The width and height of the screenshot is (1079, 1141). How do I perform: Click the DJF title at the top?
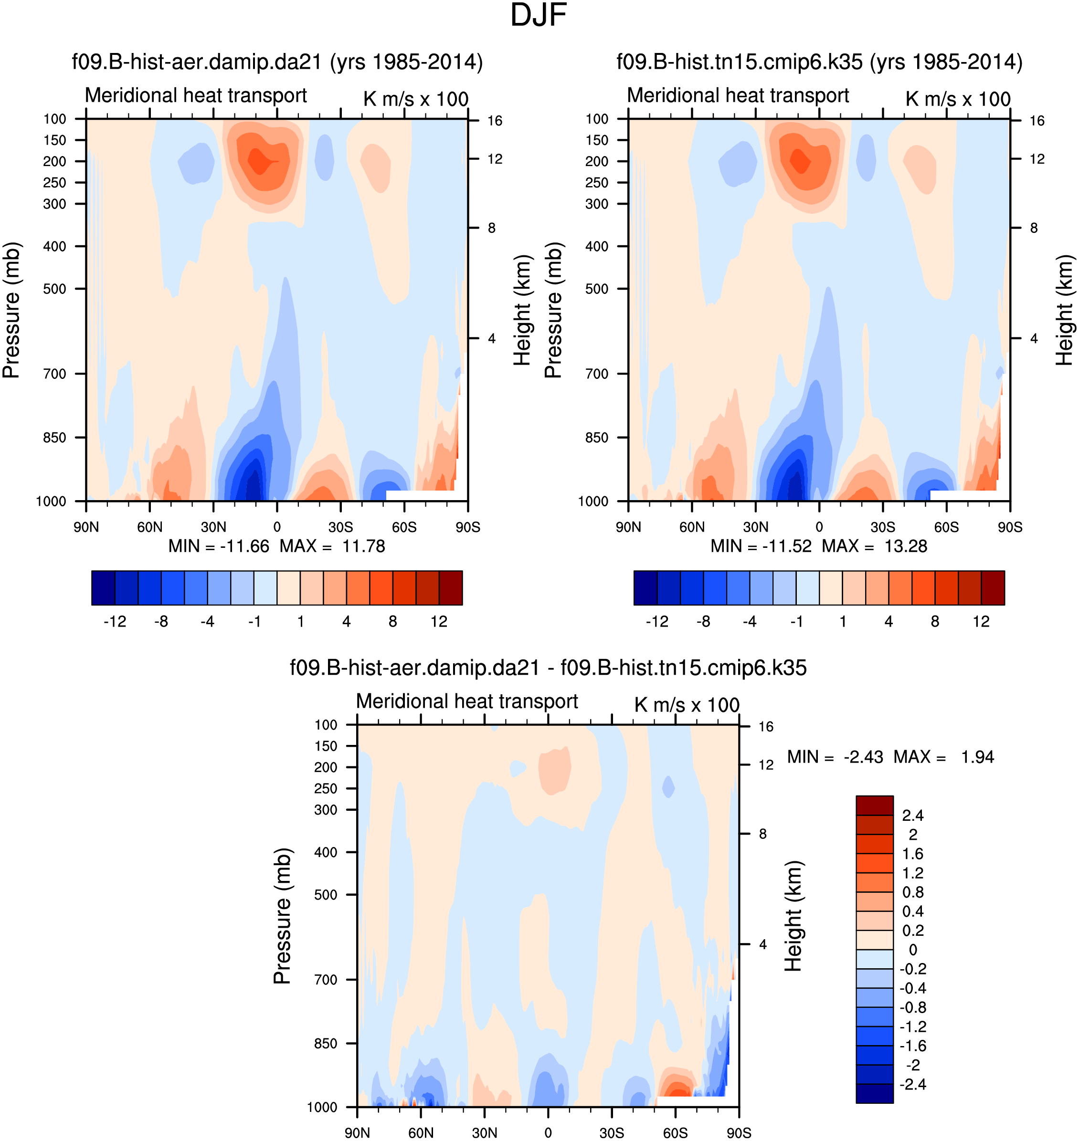[x=539, y=16]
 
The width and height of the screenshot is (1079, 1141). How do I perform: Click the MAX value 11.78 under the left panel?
[x=363, y=546]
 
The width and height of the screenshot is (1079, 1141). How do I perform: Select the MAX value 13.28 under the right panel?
[x=905, y=546]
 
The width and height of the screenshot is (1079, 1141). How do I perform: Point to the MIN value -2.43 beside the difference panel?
[x=863, y=757]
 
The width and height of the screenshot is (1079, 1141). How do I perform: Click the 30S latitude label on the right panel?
[x=882, y=527]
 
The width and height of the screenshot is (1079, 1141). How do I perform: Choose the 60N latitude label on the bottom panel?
[x=421, y=1133]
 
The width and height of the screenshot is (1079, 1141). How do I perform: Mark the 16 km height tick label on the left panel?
[x=495, y=121]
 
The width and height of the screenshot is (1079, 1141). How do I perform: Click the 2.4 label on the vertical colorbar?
[x=913, y=816]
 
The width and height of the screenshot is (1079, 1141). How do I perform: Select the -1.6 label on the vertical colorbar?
[x=913, y=1046]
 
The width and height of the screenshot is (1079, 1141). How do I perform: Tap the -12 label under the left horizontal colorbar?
[x=115, y=621]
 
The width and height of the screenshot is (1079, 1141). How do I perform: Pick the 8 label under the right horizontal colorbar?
[x=935, y=621]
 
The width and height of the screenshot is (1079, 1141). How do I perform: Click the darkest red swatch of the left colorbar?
[x=450, y=587]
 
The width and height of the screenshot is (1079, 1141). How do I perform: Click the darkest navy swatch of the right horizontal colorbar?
[x=645, y=587]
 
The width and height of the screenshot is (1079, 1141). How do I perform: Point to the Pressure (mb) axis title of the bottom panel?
[x=283, y=916]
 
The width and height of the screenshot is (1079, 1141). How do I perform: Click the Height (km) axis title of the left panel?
[x=522, y=310]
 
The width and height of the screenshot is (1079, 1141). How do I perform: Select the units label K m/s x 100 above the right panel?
[x=958, y=99]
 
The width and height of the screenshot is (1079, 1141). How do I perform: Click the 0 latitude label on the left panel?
[x=277, y=527]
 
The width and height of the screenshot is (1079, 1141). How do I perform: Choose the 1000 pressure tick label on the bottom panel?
[x=322, y=1108]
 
